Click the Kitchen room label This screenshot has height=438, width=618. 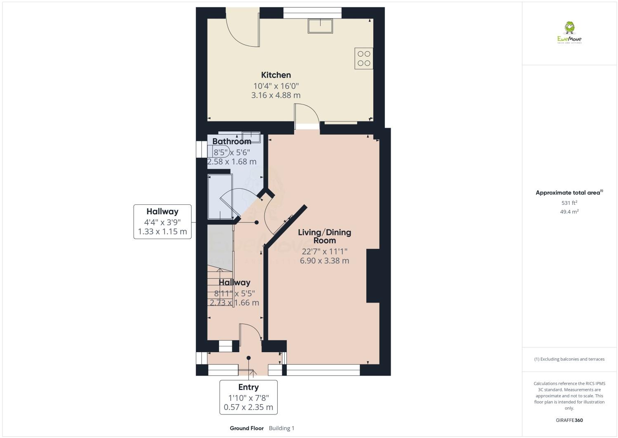[276, 75]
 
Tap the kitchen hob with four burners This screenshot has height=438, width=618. [363, 58]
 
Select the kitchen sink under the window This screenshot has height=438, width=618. [320, 26]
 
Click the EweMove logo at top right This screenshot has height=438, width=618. [569, 33]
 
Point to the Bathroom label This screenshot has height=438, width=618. [231, 142]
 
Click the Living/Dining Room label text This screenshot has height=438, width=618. [324, 236]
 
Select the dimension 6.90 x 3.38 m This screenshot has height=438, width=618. [324, 260]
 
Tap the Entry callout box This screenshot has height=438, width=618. [248, 397]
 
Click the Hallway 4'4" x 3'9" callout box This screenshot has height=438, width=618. [162, 221]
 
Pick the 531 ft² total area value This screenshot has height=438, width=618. [569, 203]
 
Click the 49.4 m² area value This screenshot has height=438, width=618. [569, 212]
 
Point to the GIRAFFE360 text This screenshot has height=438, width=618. [569, 420]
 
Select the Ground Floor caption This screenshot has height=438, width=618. [246, 428]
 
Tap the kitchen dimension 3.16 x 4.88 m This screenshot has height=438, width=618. [276, 95]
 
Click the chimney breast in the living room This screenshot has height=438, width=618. [373, 276]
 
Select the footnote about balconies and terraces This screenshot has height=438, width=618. [569, 359]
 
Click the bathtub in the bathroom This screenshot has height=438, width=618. [220, 197]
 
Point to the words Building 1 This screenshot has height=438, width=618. [281, 428]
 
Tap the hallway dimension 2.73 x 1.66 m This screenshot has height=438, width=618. [234, 303]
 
